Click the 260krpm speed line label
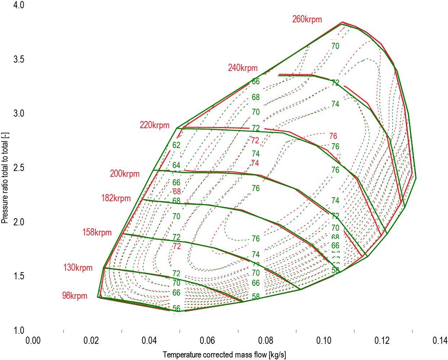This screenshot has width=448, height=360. click(307, 19)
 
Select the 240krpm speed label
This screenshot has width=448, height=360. click(243, 68)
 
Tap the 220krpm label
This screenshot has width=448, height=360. click(154, 125)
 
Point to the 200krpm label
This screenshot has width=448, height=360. click(125, 174)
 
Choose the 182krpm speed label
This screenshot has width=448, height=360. click(116, 198)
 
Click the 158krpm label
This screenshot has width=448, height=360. click(97, 232)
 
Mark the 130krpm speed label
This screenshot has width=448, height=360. click(78, 267)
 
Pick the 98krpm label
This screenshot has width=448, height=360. click(75, 296)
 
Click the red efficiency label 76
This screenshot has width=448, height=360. click(333, 136)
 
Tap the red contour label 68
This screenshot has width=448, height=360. click(176, 192)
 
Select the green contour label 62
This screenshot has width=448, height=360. click(176, 145)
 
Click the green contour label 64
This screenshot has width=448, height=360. click(176, 166)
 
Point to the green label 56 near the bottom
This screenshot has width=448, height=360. click(176, 309)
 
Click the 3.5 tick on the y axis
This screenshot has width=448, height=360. click(19, 59)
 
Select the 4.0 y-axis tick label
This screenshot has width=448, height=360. click(19, 5)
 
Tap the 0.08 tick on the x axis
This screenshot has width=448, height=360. click(266, 341)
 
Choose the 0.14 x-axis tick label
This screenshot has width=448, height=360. click(440, 341)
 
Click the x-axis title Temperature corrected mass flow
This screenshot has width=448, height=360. click(224, 355)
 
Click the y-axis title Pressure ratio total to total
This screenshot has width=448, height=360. click(5, 177)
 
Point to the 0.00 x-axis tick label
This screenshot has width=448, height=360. click(33, 341)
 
